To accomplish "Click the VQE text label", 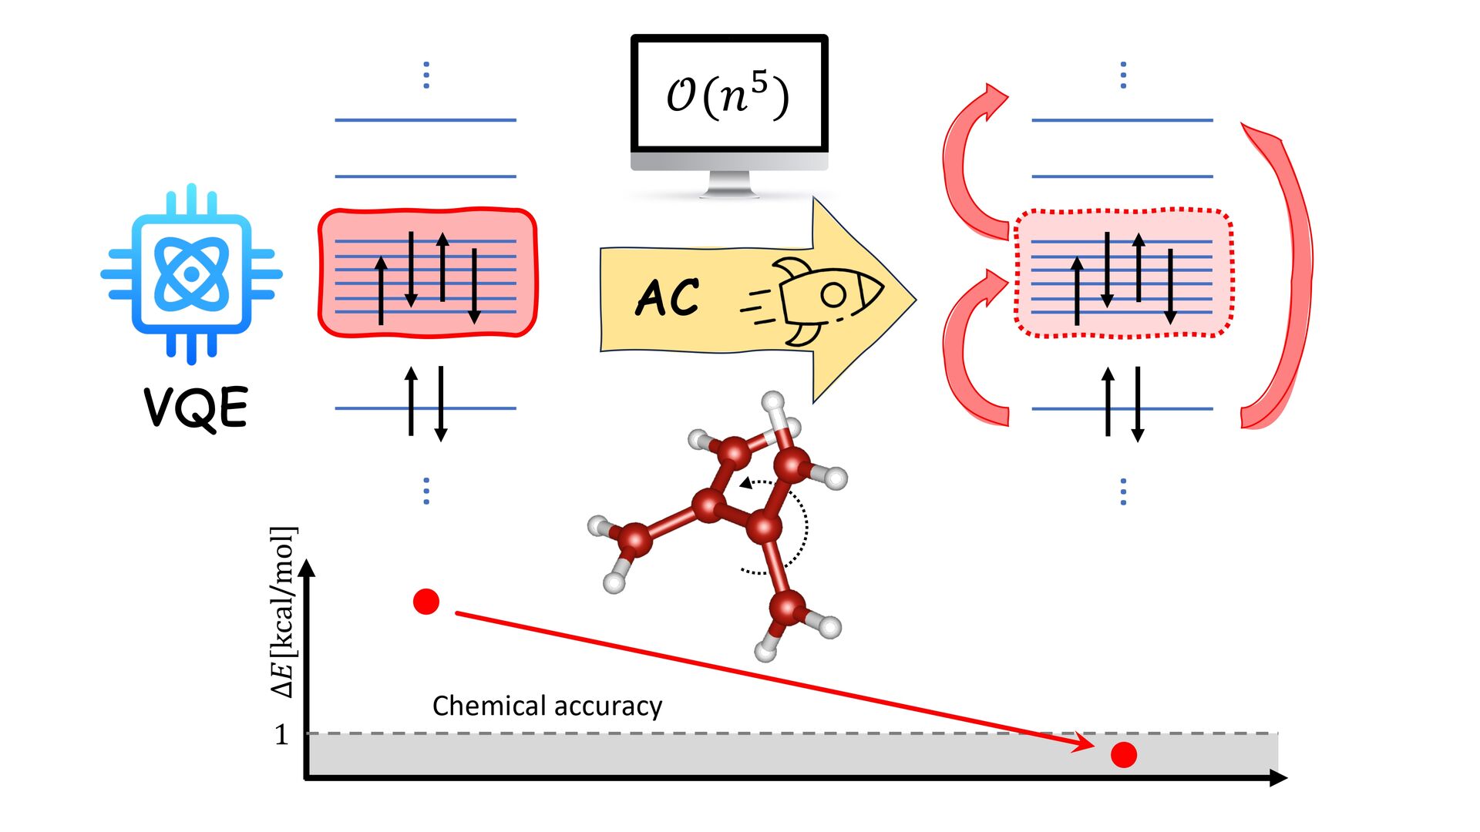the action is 197,408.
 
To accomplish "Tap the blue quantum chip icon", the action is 191,273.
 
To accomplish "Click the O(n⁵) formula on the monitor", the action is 728,96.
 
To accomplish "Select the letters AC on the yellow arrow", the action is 668,297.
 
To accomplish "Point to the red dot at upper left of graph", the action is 426,601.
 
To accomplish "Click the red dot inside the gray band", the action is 1124,755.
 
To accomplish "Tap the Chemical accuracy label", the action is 547,706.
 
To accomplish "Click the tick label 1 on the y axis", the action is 281,735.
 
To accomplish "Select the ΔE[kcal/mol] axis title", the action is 283,612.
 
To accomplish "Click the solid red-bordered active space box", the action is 428,273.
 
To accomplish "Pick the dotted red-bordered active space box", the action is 1124,273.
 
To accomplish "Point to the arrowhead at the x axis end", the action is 1278,778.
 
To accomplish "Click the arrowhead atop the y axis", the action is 308,569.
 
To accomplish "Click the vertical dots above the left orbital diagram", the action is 426,75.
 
